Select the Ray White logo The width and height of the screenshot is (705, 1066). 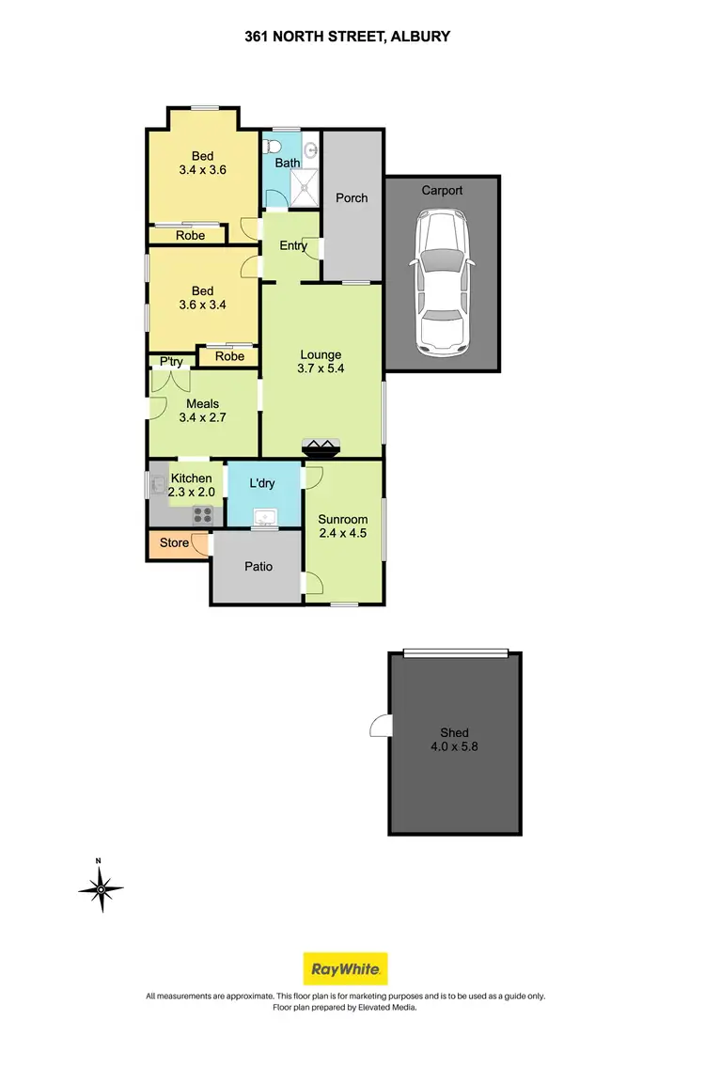click(345, 968)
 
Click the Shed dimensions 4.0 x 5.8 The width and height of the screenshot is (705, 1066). click(454, 748)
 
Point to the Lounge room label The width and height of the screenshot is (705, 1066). click(321, 354)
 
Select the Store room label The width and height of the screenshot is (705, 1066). click(174, 542)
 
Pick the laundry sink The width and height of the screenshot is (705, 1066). click(264, 516)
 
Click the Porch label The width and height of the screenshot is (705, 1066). click(352, 197)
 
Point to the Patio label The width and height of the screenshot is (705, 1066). click(258, 567)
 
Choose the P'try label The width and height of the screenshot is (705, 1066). click(170, 362)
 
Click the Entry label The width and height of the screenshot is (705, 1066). click(293, 246)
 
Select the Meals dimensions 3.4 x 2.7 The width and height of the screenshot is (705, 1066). click(202, 419)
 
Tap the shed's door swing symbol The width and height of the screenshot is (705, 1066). click(381, 726)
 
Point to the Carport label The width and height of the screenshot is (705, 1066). click(442, 190)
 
